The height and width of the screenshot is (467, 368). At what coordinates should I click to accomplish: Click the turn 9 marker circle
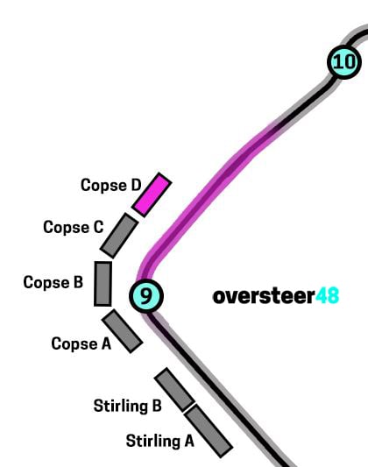pos(146,296)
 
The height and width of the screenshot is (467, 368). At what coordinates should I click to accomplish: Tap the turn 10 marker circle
pos(344,62)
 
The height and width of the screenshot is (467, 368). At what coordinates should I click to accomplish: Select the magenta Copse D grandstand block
pos(152,195)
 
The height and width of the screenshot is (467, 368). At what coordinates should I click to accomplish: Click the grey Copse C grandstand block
pos(119,236)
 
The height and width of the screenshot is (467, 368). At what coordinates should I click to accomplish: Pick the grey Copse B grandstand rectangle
pos(103,284)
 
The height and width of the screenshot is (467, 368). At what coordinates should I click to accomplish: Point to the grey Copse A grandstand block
pos(123,331)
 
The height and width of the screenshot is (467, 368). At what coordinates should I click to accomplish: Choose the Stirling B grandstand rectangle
pos(174,390)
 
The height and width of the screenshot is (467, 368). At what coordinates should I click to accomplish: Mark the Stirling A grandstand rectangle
pos(209,431)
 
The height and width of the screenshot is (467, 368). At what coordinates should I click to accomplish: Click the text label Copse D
pos(110,186)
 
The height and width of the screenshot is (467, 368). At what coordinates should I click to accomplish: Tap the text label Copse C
pos(74,228)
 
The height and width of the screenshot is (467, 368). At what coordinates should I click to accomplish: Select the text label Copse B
pos(53,283)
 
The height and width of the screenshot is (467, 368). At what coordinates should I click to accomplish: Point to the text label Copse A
pos(81,343)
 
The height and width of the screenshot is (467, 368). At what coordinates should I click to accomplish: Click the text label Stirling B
pos(127,406)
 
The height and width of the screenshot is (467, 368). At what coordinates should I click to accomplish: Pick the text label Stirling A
pos(159,441)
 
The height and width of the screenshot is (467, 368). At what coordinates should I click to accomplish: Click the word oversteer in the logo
pos(264,296)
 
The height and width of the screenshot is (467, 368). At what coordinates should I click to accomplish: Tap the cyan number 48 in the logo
pos(327,295)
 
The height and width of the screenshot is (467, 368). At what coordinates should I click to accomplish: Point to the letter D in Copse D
pos(136,185)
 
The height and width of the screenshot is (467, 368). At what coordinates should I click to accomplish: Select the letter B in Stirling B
pos(157,406)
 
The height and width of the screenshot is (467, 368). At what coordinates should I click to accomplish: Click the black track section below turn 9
pos(217,387)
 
